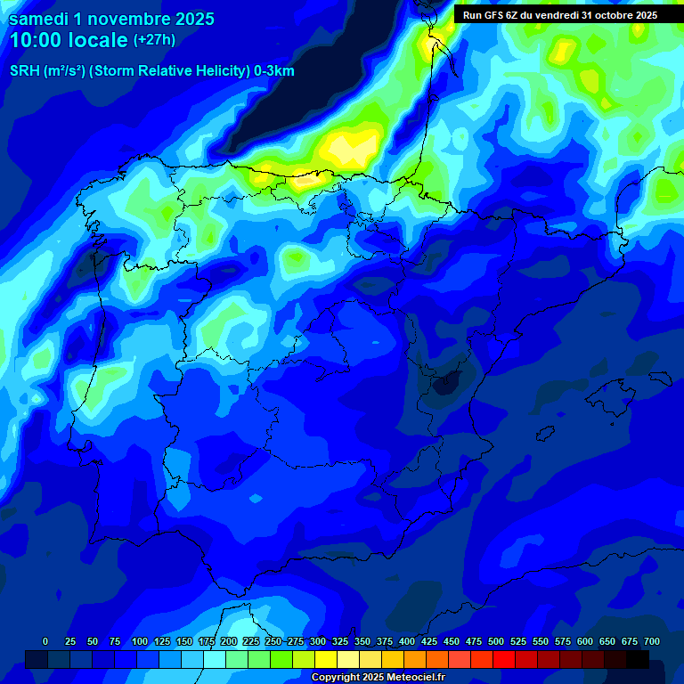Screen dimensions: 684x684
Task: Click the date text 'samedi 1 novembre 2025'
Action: click(x=111, y=19)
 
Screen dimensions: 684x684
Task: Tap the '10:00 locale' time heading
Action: click(x=69, y=40)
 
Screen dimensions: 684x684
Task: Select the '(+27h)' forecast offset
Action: click(x=154, y=40)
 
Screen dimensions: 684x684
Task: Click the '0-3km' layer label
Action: click(x=273, y=71)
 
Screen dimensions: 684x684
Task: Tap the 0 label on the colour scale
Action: click(x=45, y=641)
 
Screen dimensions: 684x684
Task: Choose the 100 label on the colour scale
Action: click(x=140, y=641)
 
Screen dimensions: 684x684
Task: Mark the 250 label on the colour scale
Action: click(x=273, y=641)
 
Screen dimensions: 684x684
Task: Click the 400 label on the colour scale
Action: click(x=407, y=641)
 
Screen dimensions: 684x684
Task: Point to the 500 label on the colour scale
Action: click(x=496, y=641)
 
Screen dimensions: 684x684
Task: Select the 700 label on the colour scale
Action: click(x=652, y=641)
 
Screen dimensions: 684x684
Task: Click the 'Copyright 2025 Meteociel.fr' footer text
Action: click(x=378, y=678)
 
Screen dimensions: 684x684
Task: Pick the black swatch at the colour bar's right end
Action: click(x=638, y=659)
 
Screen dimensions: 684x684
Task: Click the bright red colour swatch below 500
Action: click(x=504, y=659)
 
